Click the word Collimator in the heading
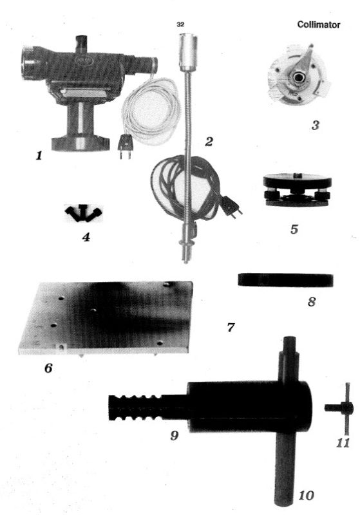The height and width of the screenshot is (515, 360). tap(318, 24)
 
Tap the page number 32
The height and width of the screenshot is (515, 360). tap(180, 24)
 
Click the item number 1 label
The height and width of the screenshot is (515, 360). tap(39, 155)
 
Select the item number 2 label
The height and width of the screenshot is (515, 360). tap(209, 141)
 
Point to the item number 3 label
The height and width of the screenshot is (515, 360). tap(315, 125)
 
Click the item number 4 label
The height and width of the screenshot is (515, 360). tap(86, 236)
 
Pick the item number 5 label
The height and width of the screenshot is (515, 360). tap(294, 229)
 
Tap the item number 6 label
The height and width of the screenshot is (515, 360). tap(48, 368)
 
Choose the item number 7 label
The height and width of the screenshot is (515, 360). tap(231, 327)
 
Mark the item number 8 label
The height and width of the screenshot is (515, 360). tap(312, 301)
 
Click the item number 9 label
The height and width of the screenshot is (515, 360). tap(175, 436)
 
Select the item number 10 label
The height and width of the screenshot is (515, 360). tap(306, 495)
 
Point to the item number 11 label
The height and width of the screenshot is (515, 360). tap(343, 443)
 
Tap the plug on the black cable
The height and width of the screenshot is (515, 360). tap(232, 206)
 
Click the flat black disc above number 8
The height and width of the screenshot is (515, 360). tap(285, 280)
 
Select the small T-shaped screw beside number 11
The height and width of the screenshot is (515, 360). tap(341, 408)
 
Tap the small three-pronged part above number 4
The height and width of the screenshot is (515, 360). tap(84, 213)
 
